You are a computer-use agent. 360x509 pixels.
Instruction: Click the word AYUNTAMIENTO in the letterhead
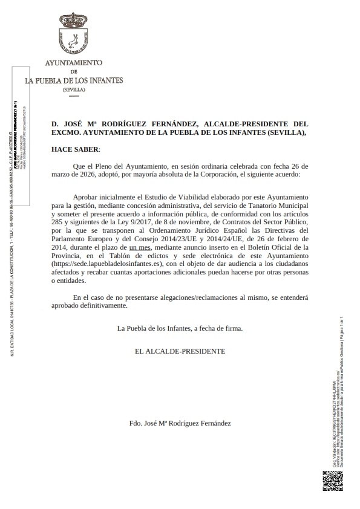[74, 63]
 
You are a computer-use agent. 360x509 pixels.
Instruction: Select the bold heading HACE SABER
[74, 149]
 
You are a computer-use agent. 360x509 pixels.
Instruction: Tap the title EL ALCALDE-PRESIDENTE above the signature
[180, 351]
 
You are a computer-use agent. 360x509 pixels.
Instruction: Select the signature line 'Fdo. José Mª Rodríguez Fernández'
[180, 424]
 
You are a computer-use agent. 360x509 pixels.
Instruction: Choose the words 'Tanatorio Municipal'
[272, 206]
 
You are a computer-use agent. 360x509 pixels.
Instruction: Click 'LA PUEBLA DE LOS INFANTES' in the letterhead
[74, 80]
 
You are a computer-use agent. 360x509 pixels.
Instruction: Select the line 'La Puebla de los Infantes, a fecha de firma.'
[180, 328]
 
